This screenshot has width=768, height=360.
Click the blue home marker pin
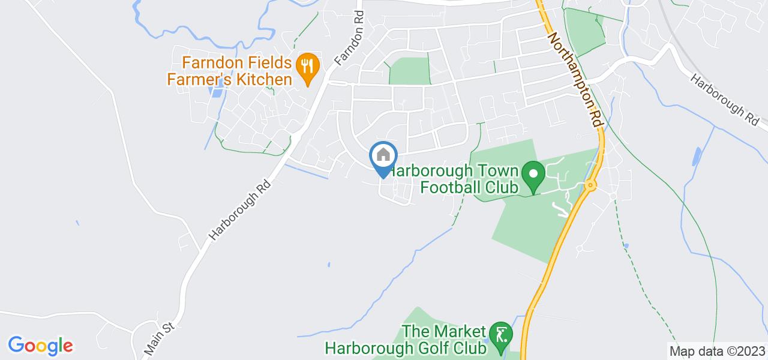tap(383, 158)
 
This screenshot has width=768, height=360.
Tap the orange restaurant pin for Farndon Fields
tap(307, 68)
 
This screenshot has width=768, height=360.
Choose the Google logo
tap(40, 346)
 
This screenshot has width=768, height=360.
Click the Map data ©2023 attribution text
tap(718, 351)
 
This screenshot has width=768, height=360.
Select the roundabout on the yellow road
tap(590, 185)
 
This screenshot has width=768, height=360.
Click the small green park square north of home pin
tap(410, 71)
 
